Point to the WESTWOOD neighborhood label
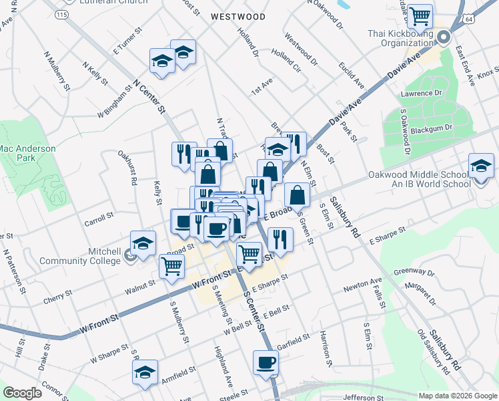point(238,16)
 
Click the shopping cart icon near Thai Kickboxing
point(420,15)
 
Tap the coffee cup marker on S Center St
point(266,363)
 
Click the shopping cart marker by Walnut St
point(171,265)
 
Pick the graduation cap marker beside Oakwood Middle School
point(481,164)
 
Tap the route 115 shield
point(63,14)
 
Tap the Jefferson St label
point(364,397)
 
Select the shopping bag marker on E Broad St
point(298,194)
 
